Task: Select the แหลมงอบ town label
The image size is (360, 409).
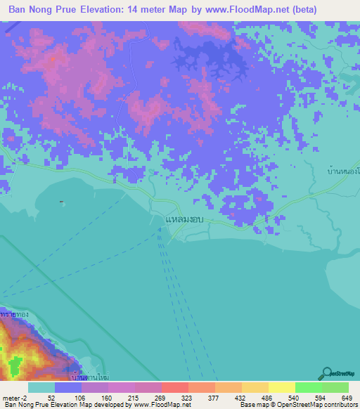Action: click(184, 220)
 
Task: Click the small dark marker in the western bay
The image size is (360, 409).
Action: click(62, 202)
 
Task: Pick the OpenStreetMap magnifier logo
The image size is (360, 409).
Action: click(328, 372)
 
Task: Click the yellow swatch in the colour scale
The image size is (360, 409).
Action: click(281, 387)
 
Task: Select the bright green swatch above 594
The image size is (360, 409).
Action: click(308, 387)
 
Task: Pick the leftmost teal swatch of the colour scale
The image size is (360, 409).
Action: click(41, 387)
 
